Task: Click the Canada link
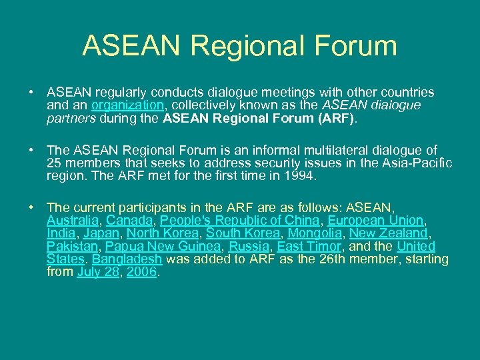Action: click(x=129, y=220)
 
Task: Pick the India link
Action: click(x=61, y=233)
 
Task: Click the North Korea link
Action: click(x=163, y=233)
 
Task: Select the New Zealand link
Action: click(x=389, y=233)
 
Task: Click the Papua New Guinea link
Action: click(x=164, y=247)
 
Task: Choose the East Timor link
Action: click(x=309, y=247)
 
